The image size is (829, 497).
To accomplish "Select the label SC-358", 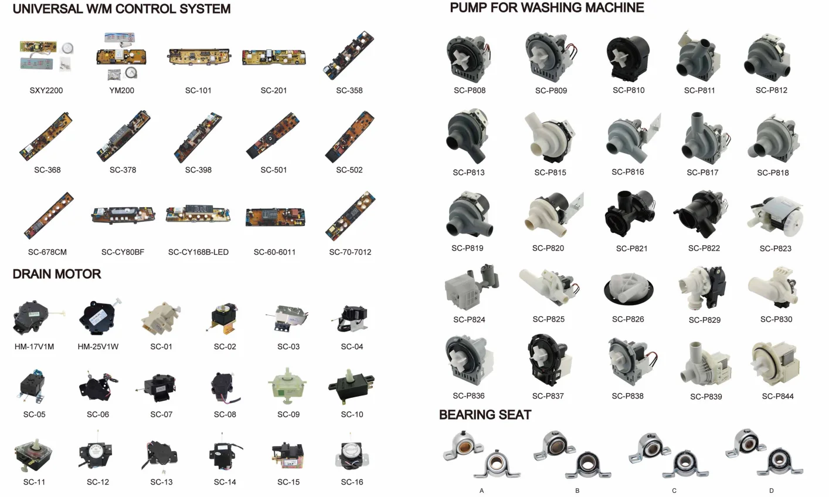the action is coord(349,90).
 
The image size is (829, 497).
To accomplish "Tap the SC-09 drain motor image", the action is coord(288,388).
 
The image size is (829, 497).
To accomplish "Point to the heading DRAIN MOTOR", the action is coord(56,274).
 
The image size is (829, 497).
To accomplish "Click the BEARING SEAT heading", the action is coord(485,415).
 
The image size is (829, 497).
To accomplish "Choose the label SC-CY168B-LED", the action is coord(198,252).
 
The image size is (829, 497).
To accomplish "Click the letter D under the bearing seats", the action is coord(771,491).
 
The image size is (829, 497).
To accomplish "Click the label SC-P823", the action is coord(775,248).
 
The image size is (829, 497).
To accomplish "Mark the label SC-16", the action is coord(352,482).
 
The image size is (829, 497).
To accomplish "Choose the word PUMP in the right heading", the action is coord(473,8).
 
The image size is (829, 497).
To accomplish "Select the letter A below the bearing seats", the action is coord(481,491).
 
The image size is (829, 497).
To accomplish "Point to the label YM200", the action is coord(121,90).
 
